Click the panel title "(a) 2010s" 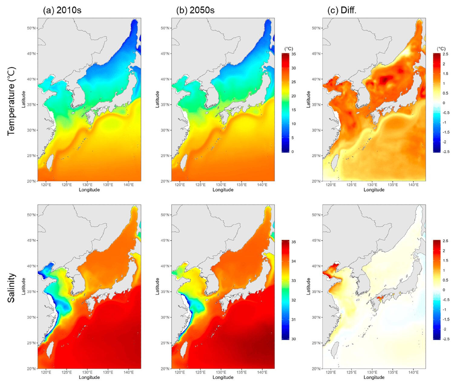pos(62,10)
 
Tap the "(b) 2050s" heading pos(195,10)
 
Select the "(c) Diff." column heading pos(342,10)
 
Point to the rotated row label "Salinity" pos(11,288)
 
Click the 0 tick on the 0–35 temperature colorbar pos(292,152)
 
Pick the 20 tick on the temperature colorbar pos(293,96)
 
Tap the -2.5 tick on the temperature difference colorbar pos(446,152)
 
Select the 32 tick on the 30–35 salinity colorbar pos(293,300)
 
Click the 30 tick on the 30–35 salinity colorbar pos(293,339)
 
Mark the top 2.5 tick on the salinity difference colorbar pos(445,241)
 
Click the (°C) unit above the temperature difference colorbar pos(441,49)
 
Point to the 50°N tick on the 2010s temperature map pos(31,28)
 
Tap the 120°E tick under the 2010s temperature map pos(46,185)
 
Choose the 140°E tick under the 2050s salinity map pos(262,372)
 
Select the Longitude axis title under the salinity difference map pos(374,377)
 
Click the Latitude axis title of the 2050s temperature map pos(157,99)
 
